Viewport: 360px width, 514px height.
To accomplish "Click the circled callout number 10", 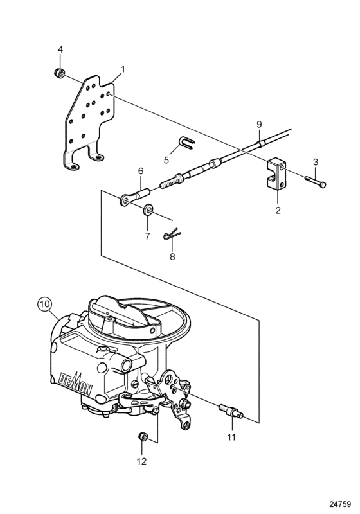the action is pos(44,304).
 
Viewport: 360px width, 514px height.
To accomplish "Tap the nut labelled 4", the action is pos(59,73).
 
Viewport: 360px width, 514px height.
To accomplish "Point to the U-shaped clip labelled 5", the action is pos(186,143).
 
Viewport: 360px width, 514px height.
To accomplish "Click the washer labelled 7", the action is pos(147,210).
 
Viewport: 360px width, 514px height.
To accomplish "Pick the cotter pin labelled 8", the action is pos(172,234).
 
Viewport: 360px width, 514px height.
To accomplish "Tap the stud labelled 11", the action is pos(231,411).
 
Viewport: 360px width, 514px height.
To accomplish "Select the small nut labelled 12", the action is pos(142,437).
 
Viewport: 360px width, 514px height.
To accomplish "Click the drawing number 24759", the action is pos(340,504).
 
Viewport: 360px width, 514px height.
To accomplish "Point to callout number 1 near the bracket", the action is pos(123,69).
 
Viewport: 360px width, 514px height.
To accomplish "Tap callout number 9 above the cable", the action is pos(259,124).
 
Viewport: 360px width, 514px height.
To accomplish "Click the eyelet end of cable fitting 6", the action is pos(125,200).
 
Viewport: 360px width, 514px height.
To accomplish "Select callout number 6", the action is pos(140,171).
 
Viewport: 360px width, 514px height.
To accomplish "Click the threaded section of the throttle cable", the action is pos(170,182).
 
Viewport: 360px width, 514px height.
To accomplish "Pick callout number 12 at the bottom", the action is pos(141,461).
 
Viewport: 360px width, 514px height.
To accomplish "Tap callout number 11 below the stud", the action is pos(231,437).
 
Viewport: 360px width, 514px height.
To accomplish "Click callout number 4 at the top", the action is pos(60,49).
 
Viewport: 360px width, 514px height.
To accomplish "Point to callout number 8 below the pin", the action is pos(172,256).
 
